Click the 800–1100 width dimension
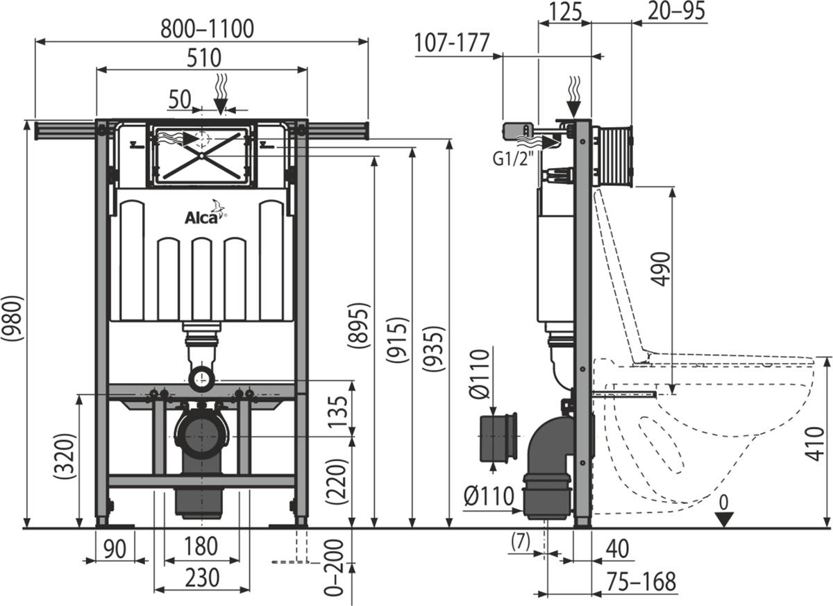[207, 28]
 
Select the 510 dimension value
[201, 57]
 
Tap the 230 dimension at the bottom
[201, 578]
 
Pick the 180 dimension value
[201, 547]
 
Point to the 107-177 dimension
[452, 44]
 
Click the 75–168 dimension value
[639, 582]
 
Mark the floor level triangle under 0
[724, 519]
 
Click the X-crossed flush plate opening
[201, 155]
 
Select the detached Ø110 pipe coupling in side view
[498, 437]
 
